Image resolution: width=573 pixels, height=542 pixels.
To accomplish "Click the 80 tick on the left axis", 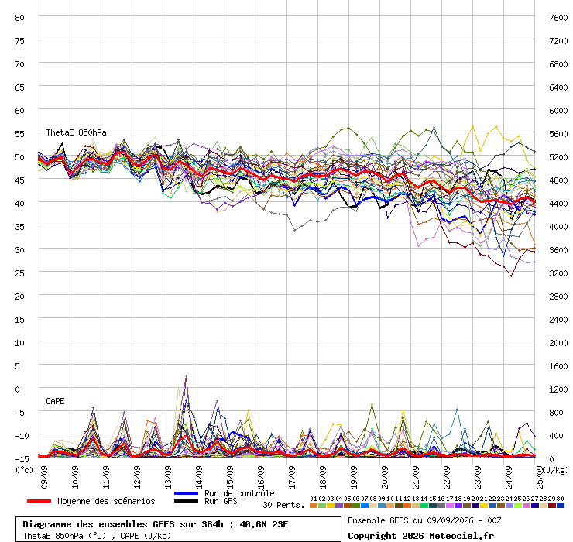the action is [x=19, y=18].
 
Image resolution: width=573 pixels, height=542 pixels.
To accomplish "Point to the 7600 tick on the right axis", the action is [x=558, y=18].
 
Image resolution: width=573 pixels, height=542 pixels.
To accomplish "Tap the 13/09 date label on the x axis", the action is [x=168, y=477].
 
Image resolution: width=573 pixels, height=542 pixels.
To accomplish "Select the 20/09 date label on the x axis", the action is [x=385, y=477].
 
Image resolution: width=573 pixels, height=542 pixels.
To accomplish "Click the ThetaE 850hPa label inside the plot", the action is [x=76, y=132].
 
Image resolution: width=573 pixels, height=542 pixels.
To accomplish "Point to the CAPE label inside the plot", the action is [x=55, y=401].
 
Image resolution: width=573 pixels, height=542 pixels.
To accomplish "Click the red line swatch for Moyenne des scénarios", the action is [x=39, y=501].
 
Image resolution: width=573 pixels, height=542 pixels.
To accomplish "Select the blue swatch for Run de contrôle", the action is [x=186, y=493].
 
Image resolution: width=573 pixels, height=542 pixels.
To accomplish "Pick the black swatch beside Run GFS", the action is [x=186, y=501].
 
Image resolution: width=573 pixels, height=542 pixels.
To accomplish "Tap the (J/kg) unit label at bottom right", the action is [x=555, y=470].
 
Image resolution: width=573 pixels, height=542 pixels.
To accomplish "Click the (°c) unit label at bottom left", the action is [x=24, y=470].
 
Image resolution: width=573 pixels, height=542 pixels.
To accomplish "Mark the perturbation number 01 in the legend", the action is [x=313, y=499].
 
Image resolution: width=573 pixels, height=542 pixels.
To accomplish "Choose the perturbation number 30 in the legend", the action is [x=560, y=499].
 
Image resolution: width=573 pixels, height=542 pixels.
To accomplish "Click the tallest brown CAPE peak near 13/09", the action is [x=186, y=376].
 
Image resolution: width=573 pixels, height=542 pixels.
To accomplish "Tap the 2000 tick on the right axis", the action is [x=558, y=343].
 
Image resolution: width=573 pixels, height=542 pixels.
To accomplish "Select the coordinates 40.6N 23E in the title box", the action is [x=264, y=524].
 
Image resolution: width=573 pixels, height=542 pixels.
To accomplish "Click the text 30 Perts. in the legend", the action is [x=283, y=505].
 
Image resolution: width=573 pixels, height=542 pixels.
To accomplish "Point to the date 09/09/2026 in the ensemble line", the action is [x=448, y=520].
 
